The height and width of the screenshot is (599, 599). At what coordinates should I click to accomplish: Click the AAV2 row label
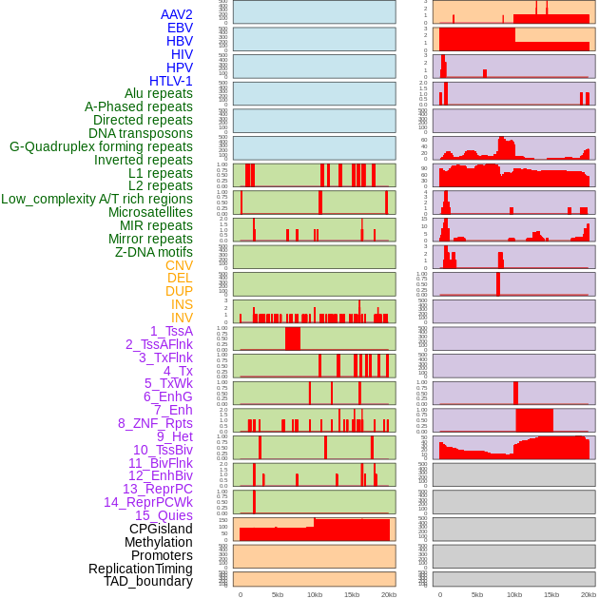tap(177, 14)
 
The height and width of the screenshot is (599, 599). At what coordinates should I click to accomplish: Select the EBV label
tap(180, 28)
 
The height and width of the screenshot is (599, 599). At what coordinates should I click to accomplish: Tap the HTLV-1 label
tap(171, 81)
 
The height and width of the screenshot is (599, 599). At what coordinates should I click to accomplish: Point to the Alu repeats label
tap(159, 93)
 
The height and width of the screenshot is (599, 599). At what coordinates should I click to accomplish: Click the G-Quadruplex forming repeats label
tap(101, 146)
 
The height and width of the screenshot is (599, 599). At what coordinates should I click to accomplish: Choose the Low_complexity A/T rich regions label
tap(97, 199)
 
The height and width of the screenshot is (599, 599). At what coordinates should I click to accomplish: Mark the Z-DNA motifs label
tap(154, 252)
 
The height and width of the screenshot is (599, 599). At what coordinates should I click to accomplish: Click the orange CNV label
tap(179, 265)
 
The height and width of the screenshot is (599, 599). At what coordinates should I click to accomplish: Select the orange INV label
tap(182, 318)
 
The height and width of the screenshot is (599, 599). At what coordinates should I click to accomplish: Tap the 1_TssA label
tap(171, 331)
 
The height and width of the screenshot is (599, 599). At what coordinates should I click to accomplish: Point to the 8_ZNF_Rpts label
tap(155, 423)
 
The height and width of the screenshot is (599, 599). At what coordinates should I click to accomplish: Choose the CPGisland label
tap(161, 529)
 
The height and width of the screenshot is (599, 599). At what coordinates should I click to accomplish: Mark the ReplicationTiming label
tap(140, 569)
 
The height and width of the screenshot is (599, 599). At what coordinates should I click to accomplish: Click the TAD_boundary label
tap(148, 581)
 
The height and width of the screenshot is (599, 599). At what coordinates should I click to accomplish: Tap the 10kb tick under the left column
tap(315, 594)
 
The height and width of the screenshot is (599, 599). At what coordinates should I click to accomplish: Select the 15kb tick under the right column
tap(551, 594)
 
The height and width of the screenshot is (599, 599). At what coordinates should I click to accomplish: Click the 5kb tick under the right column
tap(477, 594)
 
